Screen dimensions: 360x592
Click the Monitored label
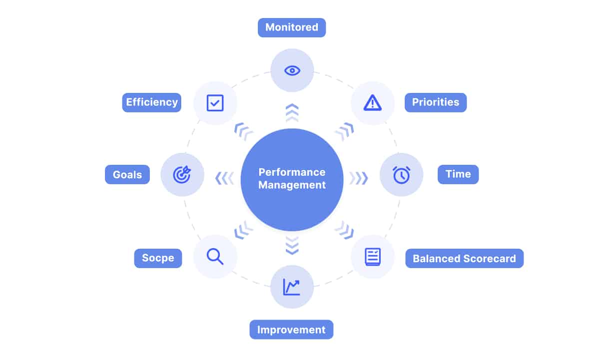click(x=291, y=27)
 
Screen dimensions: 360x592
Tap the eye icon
click(x=292, y=70)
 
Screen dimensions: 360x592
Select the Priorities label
click(x=435, y=102)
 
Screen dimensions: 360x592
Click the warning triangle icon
click(x=372, y=103)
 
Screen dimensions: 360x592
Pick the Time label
click(x=458, y=174)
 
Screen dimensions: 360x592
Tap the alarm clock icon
click(x=401, y=175)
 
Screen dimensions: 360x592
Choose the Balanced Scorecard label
click(x=464, y=259)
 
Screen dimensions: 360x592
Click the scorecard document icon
click(x=372, y=257)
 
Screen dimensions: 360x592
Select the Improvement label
click(x=291, y=330)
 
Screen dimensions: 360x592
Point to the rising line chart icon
click(x=292, y=287)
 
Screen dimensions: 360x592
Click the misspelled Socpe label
click(x=158, y=258)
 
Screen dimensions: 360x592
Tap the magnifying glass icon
click(x=215, y=257)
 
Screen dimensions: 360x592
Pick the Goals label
click(x=127, y=175)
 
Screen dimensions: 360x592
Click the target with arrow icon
click(x=182, y=174)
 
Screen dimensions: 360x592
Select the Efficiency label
click(x=151, y=102)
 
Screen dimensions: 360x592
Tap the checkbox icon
click(x=215, y=103)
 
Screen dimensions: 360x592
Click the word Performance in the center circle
click(x=292, y=172)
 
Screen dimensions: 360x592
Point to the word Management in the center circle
click(x=292, y=185)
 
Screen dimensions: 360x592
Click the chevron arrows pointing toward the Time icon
click(x=358, y=178)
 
